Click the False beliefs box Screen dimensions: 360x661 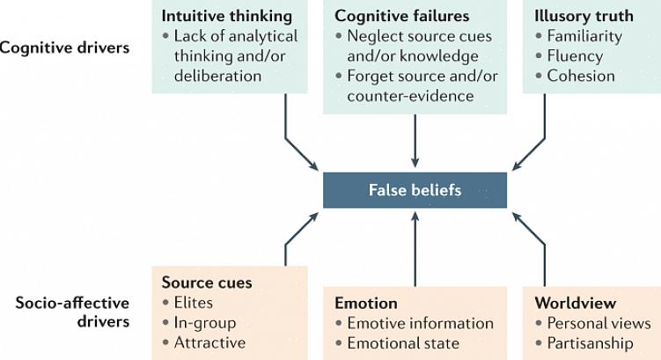coord(415,190)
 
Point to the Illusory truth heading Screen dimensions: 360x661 coord(584,16)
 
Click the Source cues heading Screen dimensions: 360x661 coord(207,283)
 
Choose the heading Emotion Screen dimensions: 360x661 coord(365,303)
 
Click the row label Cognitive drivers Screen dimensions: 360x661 coord(64,48)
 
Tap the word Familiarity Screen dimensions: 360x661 coord(584,36)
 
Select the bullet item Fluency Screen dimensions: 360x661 coord(576,55)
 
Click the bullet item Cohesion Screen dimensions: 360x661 coord(581,76)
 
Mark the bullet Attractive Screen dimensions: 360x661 coord(210,342)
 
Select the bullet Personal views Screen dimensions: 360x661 coord(599,323)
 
